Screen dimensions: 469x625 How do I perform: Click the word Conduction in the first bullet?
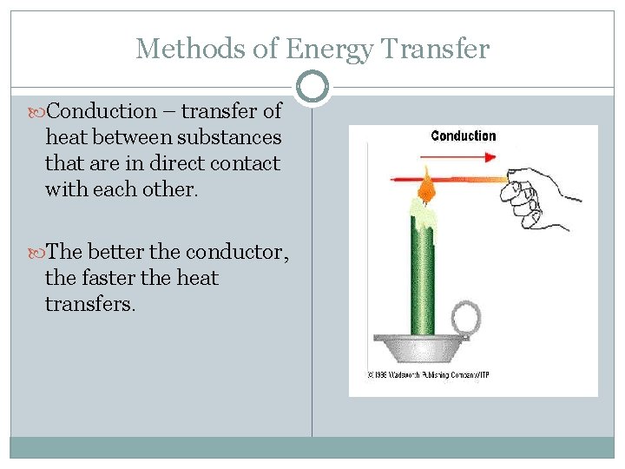pyautogui.click(x=102, y=111)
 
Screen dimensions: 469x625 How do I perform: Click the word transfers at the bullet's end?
pyautogui.click(x=90, y=304)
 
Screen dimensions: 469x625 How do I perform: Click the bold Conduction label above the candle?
pyautogui.click(x=464, y=136)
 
